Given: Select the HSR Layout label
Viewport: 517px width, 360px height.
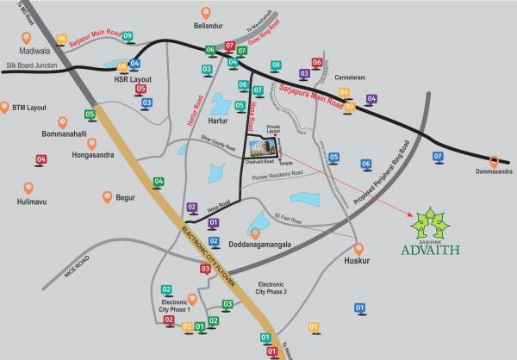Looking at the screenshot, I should click(132, 78).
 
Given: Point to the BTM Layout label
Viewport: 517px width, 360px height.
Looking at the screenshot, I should click(29, 108).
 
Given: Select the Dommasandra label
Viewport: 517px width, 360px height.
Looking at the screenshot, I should click(494, 171).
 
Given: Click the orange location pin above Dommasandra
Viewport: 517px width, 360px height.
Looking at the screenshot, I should click(495, 159).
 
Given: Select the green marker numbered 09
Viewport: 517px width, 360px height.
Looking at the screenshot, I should click(128, 35).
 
